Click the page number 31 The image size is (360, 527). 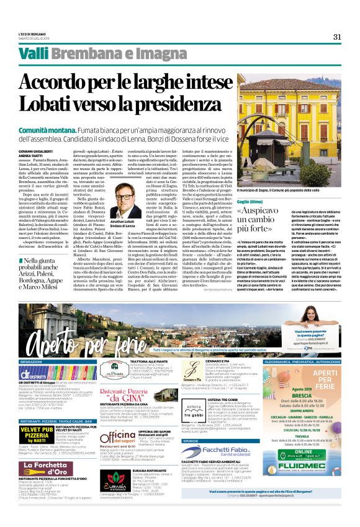click(338, 37)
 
